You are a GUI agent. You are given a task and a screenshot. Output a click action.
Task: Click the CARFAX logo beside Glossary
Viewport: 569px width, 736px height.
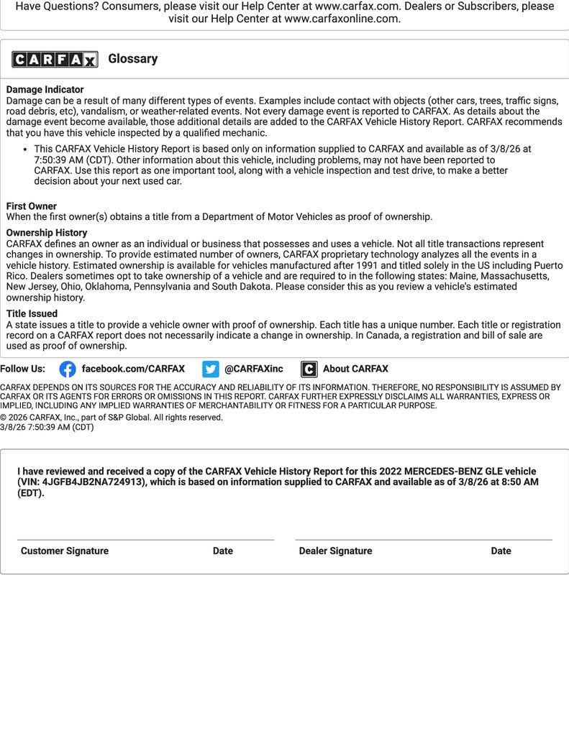55,59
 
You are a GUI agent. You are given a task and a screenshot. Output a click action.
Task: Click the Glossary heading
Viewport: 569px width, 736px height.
133,59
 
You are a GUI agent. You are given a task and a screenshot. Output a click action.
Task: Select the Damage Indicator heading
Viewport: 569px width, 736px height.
45,90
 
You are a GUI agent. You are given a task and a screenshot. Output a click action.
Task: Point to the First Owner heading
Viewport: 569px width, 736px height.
32,206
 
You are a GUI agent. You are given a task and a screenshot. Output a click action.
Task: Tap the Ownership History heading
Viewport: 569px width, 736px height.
47,233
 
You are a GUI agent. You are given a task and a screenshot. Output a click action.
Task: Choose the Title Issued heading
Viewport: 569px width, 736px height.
32,314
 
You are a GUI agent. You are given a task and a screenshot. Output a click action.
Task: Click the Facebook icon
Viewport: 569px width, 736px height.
68,369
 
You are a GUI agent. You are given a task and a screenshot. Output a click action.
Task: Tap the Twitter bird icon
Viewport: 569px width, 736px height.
211,369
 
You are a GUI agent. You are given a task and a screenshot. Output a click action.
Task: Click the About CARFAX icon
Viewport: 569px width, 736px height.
309,369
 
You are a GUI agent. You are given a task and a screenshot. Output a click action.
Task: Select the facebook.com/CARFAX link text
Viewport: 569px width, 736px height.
133,369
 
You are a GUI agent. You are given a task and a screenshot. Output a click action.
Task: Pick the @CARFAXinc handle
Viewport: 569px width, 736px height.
254,369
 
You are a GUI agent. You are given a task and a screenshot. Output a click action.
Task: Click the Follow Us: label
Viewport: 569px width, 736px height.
23,369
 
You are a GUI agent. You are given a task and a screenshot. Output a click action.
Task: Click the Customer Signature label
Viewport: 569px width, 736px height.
65,551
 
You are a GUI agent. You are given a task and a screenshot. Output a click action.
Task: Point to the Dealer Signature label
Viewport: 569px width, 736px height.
336,551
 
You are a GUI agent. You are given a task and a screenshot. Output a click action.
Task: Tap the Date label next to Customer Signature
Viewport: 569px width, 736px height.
223,551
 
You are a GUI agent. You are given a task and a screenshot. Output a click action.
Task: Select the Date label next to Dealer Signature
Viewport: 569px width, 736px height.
501,551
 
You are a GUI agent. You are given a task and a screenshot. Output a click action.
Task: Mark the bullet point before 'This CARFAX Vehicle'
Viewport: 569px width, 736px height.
26,149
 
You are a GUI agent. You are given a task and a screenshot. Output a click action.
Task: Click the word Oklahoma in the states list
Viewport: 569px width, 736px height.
107,287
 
